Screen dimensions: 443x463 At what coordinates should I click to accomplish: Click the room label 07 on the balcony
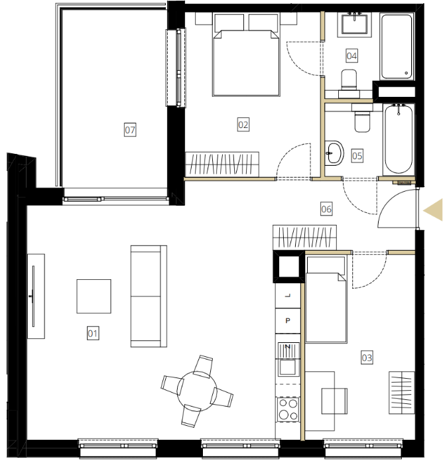click(130, 130)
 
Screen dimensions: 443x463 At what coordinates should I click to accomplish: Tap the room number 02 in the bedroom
click(243, 125)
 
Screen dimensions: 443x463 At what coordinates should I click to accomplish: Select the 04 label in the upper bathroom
click(351, 56)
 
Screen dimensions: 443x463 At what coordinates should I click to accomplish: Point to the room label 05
click(357, 156)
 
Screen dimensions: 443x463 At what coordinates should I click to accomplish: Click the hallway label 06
click(326, 209)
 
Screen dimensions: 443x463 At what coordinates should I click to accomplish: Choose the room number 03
click(367, 358)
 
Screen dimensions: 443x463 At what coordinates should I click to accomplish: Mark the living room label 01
click(93, 334)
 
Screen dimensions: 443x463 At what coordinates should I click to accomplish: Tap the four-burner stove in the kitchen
click(288, 409)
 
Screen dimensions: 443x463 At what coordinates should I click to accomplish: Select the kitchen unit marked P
click(288, 321)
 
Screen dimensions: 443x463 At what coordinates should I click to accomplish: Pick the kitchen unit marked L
click(288, 296)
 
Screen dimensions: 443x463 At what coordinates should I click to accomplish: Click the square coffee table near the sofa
click(94, 296)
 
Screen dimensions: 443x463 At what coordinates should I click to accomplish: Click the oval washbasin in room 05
click(334, 153)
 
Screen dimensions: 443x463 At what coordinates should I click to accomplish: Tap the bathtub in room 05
click(399, 139)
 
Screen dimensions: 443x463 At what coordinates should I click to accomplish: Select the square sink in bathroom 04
click(354, 25)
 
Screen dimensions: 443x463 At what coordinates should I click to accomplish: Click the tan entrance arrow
click(433, 210)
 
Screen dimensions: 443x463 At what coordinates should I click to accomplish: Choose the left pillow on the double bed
click(229, 23)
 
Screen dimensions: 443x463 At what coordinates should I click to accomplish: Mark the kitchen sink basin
click(287, 367)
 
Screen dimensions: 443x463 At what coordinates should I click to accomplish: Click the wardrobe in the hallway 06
click(304, 237)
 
